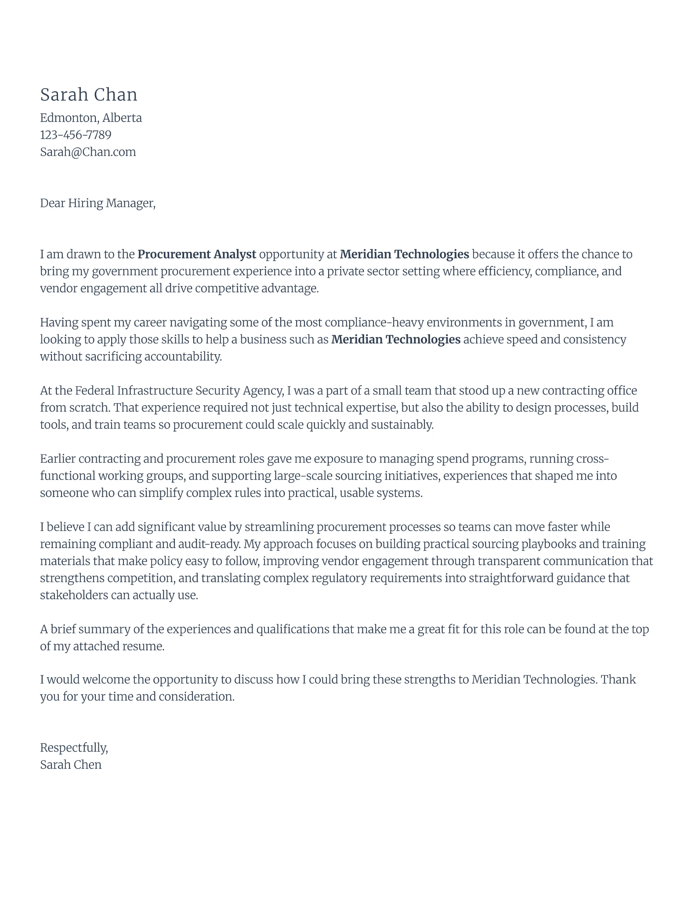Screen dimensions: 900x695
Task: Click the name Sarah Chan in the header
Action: point(89,95)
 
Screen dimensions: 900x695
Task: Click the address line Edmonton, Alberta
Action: point(91,118)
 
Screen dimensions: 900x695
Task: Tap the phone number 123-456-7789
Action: point(76,135)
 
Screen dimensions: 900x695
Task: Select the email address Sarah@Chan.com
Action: point(88,152)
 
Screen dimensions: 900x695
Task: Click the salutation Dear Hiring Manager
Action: point(98,203)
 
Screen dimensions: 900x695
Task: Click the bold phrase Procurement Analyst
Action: point(196,254)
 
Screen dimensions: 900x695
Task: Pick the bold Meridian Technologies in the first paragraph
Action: point(404,254)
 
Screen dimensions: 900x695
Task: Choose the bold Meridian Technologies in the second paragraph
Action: point(395,340)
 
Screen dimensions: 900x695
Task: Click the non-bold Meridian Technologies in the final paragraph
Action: point(533,680)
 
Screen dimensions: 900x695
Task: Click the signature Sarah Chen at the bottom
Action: point(71,765)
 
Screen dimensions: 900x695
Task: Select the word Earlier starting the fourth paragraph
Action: point(58,459)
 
